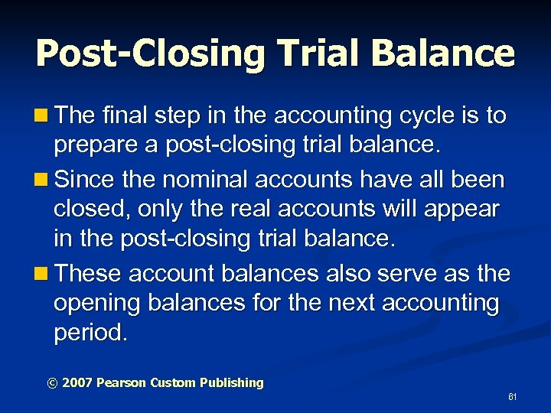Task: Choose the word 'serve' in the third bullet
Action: coord(415,273)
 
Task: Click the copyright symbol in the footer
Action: coord(53,382)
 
